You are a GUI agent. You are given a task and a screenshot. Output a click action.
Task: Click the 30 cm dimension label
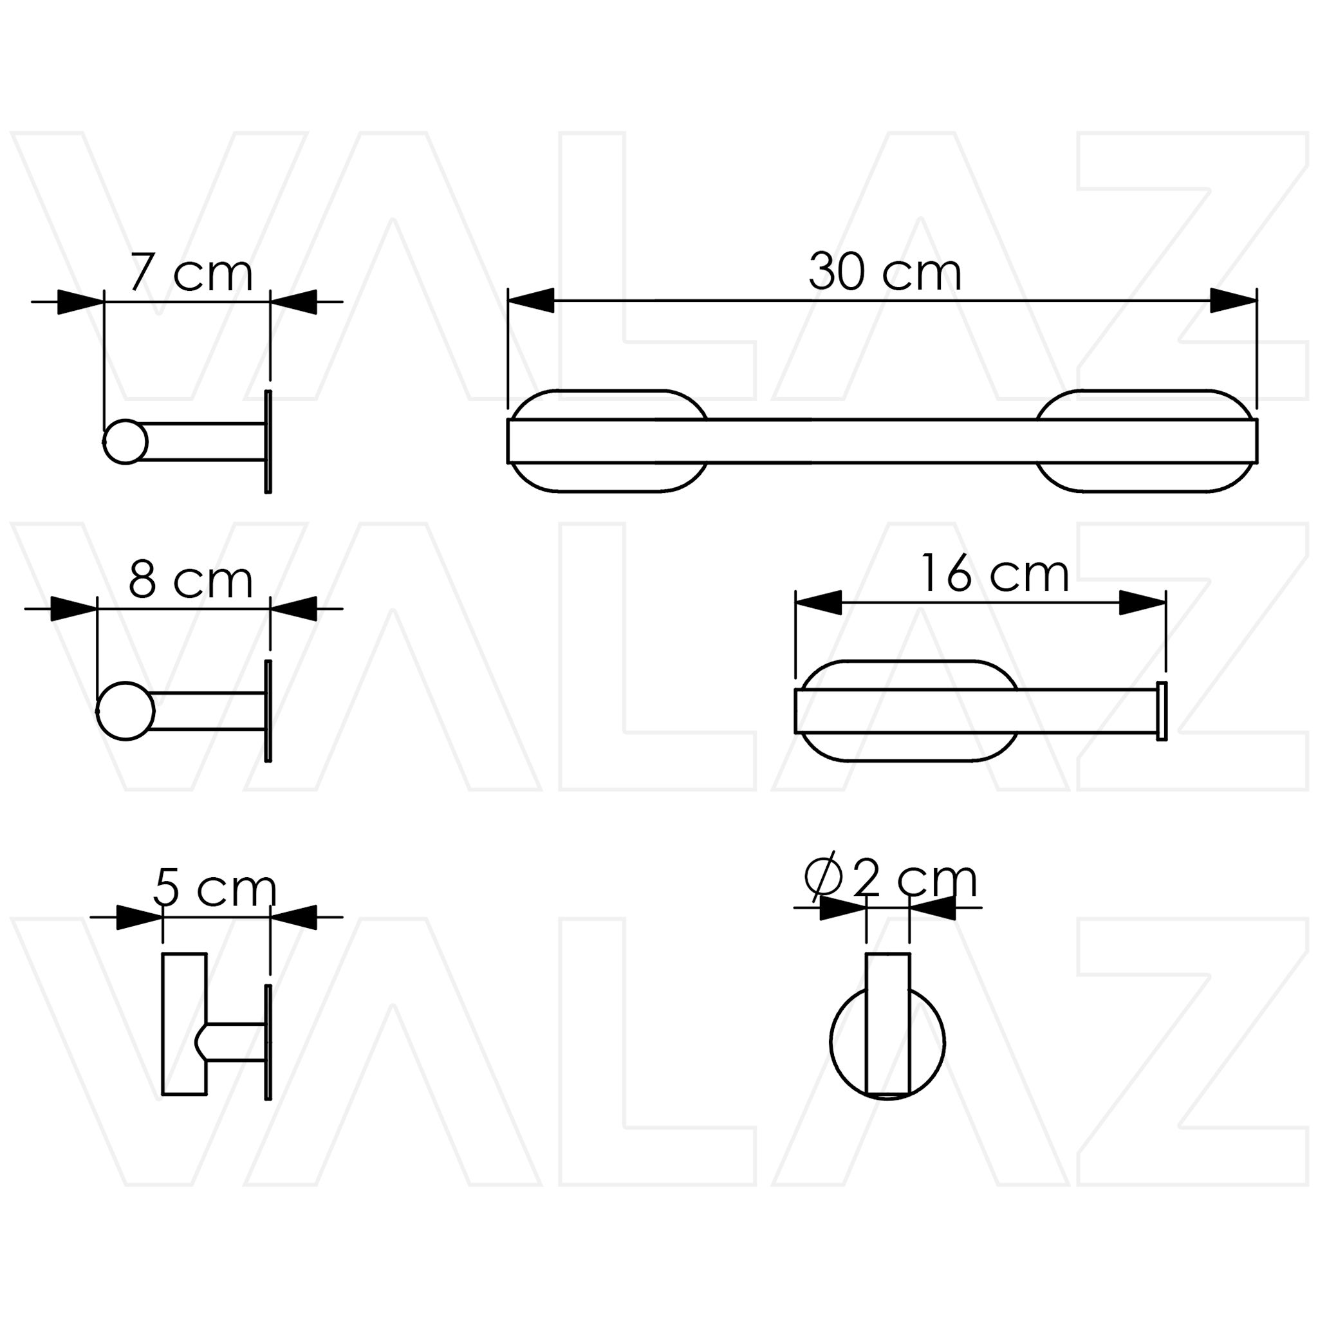click(x=884, y=272)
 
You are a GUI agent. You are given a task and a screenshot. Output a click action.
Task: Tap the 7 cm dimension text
click(x=191, y=273)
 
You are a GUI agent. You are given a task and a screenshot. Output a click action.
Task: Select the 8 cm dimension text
click(x=191, y=580)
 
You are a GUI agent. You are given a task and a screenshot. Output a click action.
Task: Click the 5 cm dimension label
click(x=214, y=888)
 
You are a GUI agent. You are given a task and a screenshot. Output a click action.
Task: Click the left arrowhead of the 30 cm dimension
click(x=531, y=301)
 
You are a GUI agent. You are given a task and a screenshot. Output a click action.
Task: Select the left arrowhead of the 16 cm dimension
click(x=818, y=603)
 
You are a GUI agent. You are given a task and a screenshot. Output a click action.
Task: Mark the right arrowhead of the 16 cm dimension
click(x=1143, y=603)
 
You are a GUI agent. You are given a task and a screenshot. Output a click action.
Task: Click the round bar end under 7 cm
click(x=125, y=442)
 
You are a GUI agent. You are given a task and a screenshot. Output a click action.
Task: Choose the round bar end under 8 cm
click(x=125, y=711)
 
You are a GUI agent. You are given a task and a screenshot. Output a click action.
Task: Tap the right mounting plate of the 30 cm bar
click(x=1146, y=478)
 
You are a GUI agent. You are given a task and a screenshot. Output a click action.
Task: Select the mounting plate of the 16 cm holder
click(x=907, y=747)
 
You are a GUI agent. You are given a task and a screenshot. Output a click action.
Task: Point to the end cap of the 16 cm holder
click(x=1162, y=711)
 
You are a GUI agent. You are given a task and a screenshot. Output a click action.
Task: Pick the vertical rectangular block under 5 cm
click(x=183, y=1023)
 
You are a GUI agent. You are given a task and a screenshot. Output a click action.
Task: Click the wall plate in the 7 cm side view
click(x=268, y=442)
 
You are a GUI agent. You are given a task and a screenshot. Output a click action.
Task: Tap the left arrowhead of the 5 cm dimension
click(x=139, y=918)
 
